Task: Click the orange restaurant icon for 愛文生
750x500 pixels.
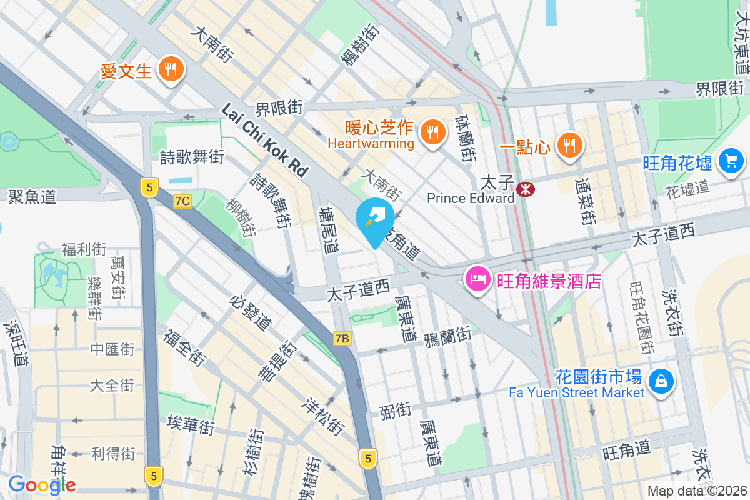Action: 169,69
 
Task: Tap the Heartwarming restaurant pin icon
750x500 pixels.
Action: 431,132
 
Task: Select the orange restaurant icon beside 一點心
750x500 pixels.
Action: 568,146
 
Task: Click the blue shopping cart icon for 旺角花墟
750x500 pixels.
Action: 731,161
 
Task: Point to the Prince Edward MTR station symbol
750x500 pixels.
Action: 526,187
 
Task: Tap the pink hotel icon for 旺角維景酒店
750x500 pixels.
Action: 478,279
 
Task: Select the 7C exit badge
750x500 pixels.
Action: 182,201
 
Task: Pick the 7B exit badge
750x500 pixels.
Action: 342,339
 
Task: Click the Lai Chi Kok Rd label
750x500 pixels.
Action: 265,140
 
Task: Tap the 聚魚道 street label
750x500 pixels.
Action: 32,197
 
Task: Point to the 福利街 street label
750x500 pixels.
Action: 84,250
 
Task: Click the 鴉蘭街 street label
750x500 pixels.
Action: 447,336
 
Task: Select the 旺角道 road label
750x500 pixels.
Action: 626,450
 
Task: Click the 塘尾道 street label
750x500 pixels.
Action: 329,230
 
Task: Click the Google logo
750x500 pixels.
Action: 42,484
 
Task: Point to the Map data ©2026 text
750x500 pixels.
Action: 697,491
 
